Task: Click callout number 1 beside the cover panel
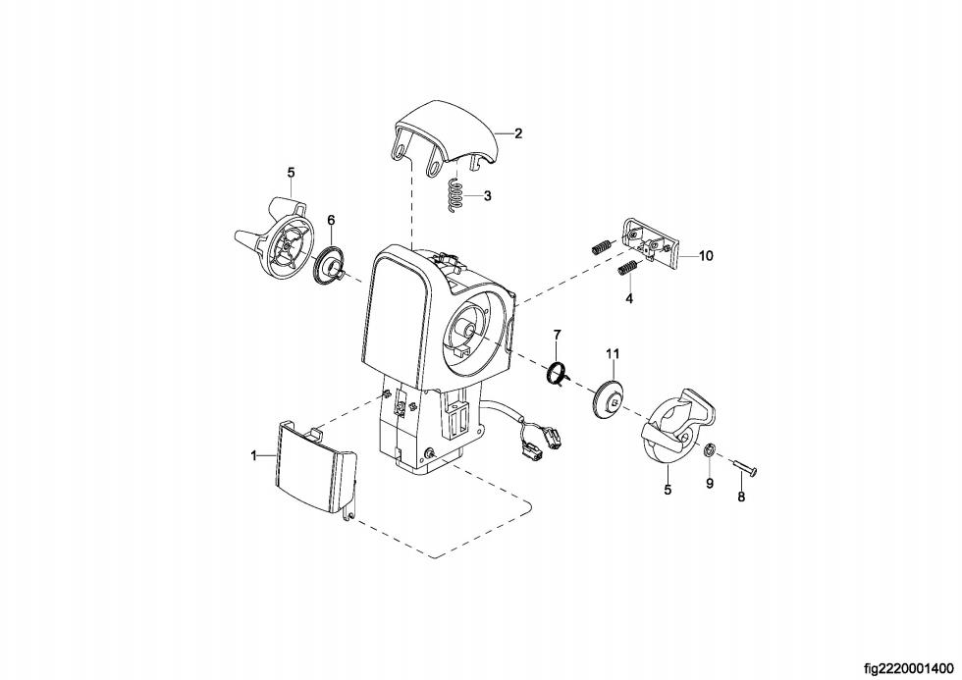[253, 455]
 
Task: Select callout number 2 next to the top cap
[518, 132]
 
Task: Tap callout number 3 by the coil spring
[487, 196]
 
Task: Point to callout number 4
[629, 297]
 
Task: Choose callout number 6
[331, 220]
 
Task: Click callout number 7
[557, 336]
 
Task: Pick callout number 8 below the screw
[741, 497]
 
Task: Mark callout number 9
[710, 484]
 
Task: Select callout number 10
[706, 256]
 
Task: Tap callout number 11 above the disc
[613, 353]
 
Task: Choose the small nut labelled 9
[708, 452]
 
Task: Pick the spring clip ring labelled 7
[560, 373]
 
